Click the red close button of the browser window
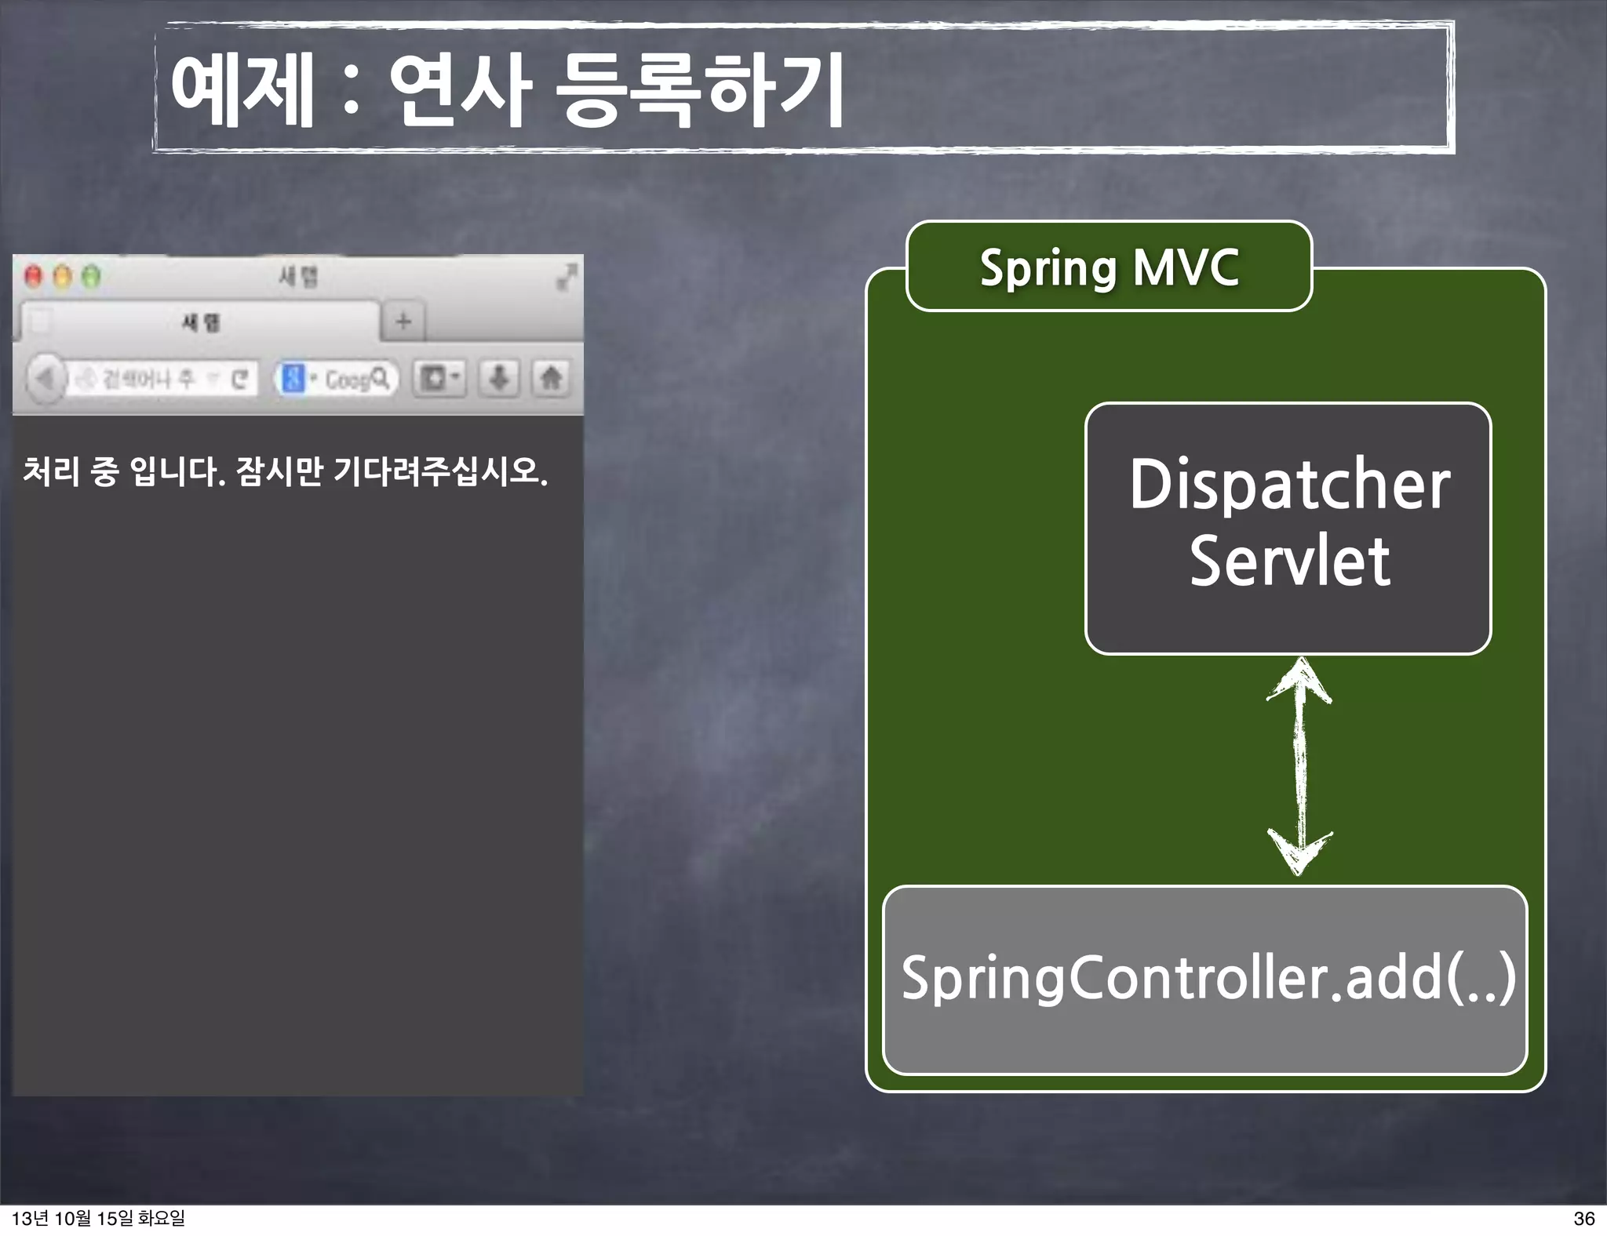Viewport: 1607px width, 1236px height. click(33, 276)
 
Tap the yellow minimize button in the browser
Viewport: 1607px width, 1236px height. click(63, 276)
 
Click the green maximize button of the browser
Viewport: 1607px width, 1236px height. click(92, 276)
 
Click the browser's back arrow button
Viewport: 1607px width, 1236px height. click(45, 379)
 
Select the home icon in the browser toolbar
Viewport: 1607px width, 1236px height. click(552, 379)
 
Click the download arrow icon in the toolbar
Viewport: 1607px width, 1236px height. click(499, 379)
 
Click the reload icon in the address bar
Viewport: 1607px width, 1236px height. click(240, 380)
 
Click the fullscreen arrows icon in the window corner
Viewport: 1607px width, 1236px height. click(567, 276)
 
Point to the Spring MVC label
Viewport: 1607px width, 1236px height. click(1109, 267)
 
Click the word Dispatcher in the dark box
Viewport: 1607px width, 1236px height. click(1289, 485)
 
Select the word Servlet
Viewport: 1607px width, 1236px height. click(1289, 562)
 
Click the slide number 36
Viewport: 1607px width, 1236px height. click(1583, 1218)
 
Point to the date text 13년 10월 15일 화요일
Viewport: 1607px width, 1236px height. click(99, 1218)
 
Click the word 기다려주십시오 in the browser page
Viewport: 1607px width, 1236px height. click(440, 471)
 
